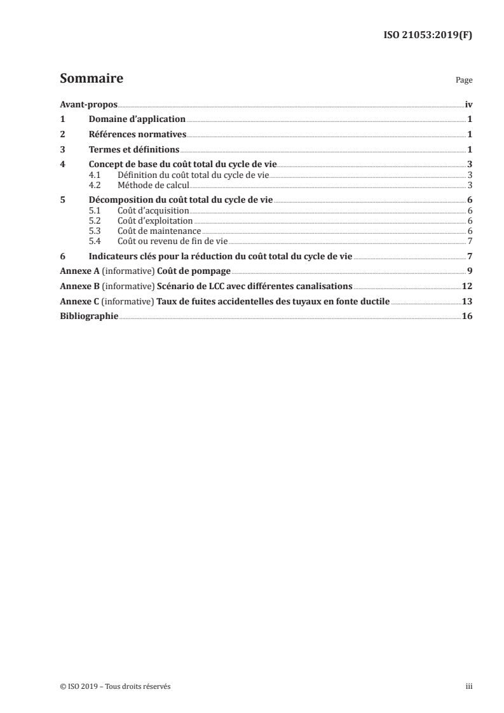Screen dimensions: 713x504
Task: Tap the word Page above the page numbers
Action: click(x=464, y=81)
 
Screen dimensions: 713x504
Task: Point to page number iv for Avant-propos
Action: click(x=468, y=104)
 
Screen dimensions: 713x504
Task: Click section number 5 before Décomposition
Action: click(x=62, y=200)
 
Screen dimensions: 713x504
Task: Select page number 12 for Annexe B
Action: click(x=467, y=287)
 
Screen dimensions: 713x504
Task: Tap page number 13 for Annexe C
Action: click(x=467, y=302)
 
